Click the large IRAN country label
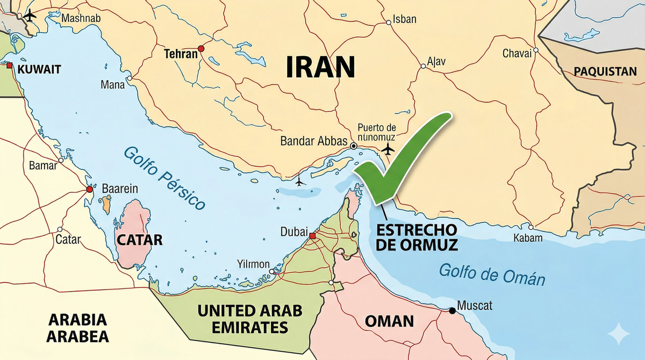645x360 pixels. [x=321, y=68]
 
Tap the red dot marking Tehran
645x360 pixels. [x=201, y=49]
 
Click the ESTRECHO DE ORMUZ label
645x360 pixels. [x=417, y=237]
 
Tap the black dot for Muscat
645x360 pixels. [x=452, y=311]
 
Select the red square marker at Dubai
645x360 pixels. [x=313, y=235]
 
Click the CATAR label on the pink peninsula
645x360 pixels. [x=139, y=239]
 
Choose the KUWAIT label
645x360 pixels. [x=39, y=69]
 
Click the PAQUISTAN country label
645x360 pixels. [x=605, y=71]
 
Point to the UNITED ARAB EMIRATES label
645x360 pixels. [x=250, y=318]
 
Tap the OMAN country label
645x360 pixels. [x=389, y=321]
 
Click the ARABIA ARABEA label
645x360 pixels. [x=78, y=328]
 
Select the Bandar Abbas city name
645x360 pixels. [x=314, y=142]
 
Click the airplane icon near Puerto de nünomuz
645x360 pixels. [x=387, y=148]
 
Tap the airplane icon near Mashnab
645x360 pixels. [x=30, y=15]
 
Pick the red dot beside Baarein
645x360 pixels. [x=90, y=189]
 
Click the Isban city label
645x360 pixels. [x=405, y=20]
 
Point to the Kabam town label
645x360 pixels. [x=528, y=238]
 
